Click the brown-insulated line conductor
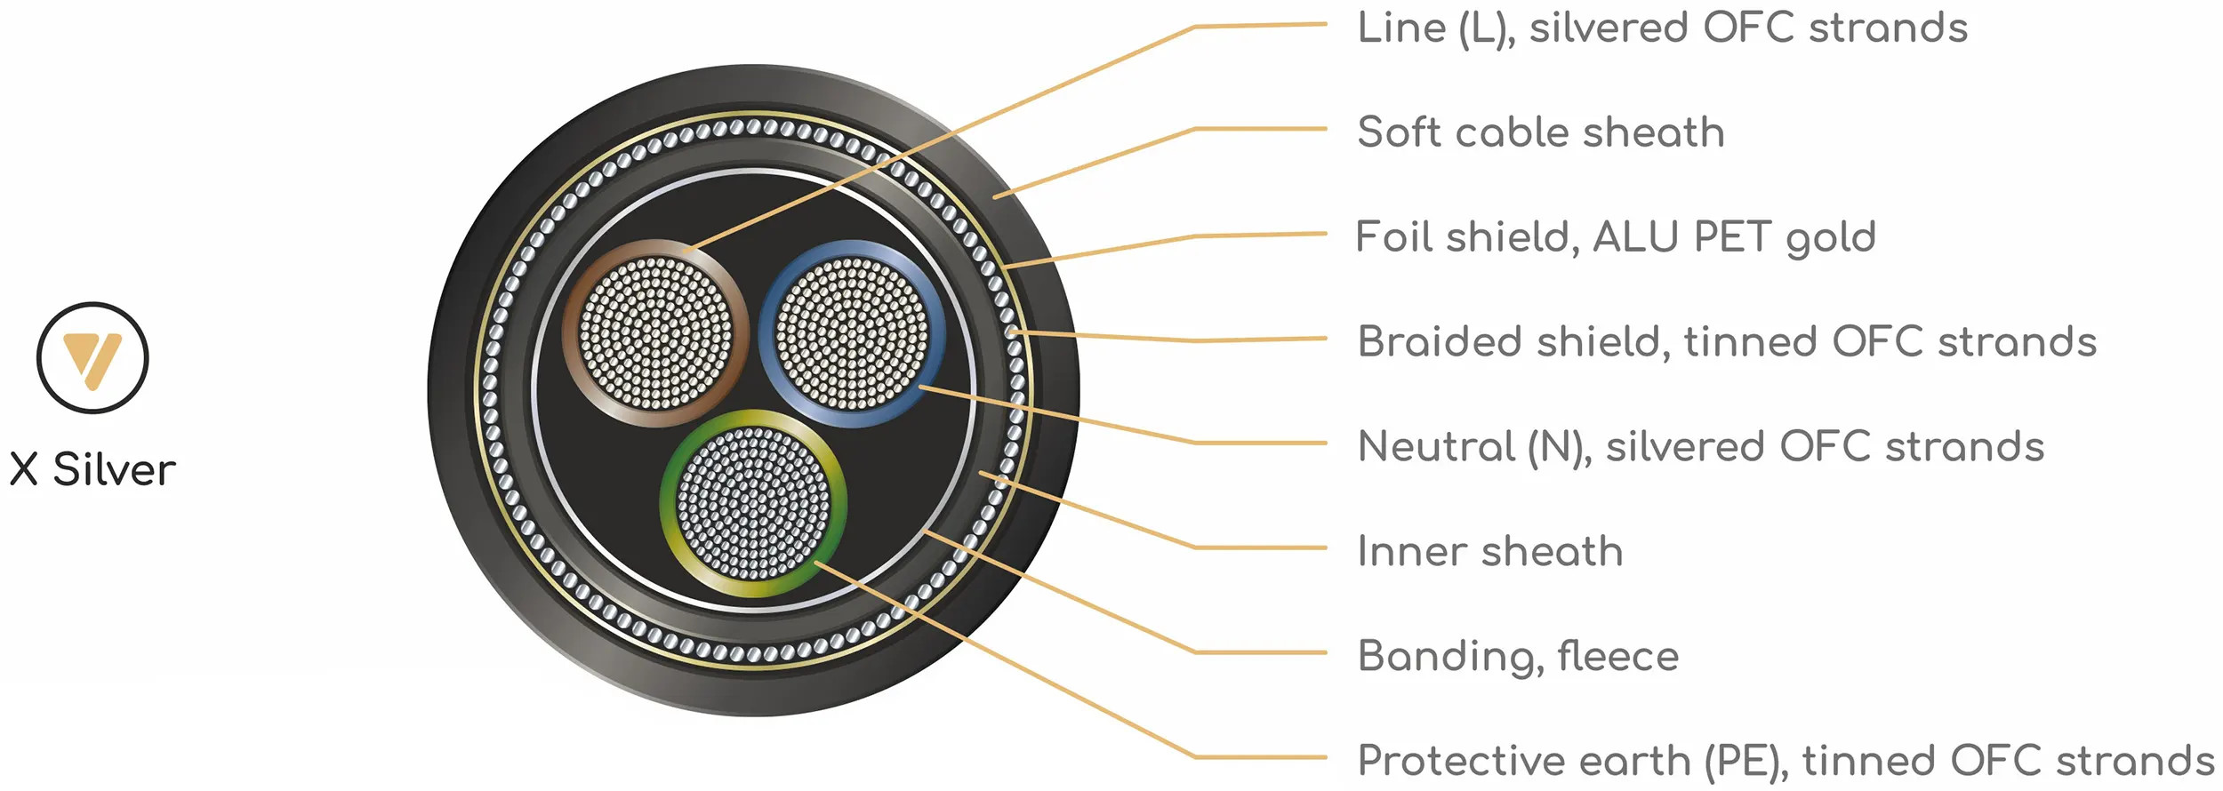coord(655,333)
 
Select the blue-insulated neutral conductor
coord(852,333)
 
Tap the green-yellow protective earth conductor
coord(753,503)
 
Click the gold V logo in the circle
coord(92,358)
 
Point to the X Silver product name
coord(92,469)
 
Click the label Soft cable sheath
coord(1541,132)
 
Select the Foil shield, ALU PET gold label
coord(1616,237)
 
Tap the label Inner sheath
coord(1490,551)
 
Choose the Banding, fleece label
coord(1518,656)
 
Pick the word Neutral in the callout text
coord(1436,446)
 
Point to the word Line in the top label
coord(1402,28)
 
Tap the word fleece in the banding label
coord(1618,656)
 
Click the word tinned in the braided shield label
coord(1750,342)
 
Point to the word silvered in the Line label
coord(1609,28)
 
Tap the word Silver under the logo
coord(114,469)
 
